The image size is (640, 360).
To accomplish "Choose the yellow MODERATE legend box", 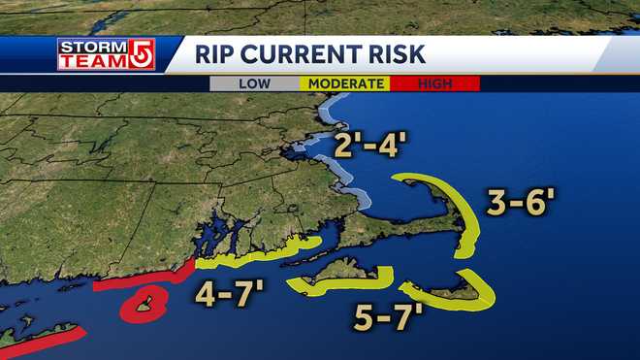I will (x=345, y=83).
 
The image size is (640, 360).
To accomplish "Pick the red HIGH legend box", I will (x=434, y=83).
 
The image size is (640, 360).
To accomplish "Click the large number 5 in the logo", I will (x=141, y=54).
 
